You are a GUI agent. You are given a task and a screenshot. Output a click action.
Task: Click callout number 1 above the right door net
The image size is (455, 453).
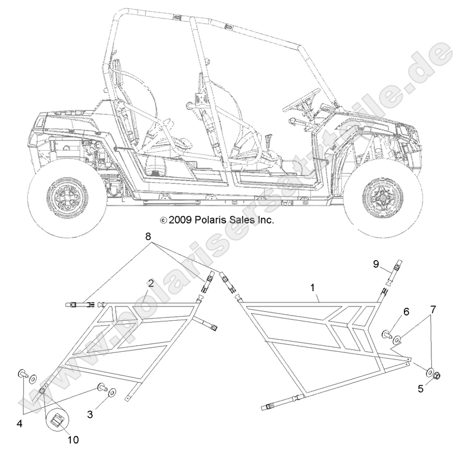point(313,288)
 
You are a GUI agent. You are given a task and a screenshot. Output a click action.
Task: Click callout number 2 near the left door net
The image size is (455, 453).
point(151,283)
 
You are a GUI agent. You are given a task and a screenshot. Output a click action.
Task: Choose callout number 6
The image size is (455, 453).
point(406,312)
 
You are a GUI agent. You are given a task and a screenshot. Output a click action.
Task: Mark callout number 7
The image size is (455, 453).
point(433,310)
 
